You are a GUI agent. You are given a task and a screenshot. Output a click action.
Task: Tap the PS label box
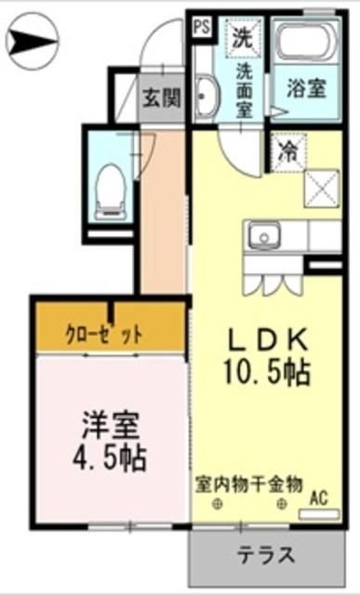(202, 26)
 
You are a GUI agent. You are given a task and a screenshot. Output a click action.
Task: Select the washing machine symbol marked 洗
(242, 38)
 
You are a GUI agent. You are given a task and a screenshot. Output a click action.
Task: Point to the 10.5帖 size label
(265, 372)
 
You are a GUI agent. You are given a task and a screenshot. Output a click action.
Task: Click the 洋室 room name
(109, 427)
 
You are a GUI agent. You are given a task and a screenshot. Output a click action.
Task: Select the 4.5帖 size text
(109, 457)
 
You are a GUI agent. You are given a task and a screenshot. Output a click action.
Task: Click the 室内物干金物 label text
(249, 483)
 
